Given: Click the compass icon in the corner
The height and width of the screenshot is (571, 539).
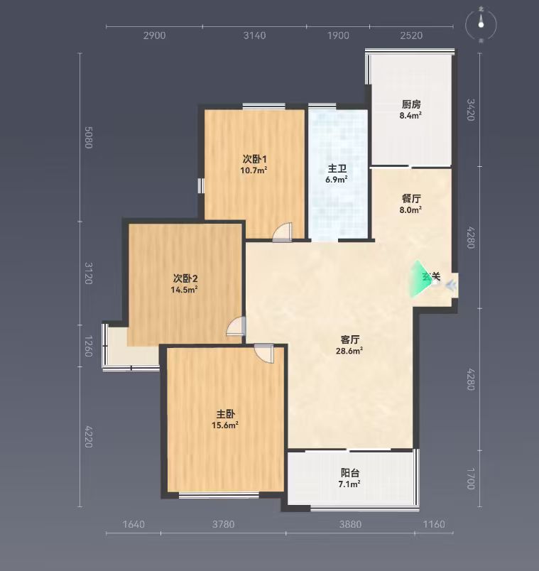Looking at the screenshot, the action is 481,25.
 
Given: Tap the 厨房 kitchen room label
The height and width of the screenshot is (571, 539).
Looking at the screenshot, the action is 411,104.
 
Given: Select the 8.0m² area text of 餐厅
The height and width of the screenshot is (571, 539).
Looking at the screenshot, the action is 410,210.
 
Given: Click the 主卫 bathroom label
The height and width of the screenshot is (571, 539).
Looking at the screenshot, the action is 337,168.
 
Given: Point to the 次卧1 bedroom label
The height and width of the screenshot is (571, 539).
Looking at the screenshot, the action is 254,159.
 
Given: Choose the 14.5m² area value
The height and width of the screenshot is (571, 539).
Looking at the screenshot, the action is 184,290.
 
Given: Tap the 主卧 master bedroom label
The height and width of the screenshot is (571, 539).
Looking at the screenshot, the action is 225,414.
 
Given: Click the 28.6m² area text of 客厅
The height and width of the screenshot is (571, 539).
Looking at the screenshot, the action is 349,351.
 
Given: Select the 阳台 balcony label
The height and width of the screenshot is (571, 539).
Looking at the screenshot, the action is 350,473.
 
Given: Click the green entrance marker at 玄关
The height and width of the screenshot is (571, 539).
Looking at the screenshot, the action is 419,278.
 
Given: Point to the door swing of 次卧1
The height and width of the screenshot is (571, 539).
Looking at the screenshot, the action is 283,232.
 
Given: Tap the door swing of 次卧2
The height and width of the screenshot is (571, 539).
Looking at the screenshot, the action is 236,326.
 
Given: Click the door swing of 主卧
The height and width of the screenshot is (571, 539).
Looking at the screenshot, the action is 263,353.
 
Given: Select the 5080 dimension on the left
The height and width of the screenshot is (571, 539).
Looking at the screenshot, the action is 88,137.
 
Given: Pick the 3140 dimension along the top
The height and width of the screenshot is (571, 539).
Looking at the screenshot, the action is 254,36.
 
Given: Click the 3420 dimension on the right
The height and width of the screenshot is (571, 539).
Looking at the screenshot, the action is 471,109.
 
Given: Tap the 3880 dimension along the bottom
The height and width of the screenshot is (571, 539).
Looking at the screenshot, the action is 350,524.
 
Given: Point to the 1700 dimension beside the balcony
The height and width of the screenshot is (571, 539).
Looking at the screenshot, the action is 471,479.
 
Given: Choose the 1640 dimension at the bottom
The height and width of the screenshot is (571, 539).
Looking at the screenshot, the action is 134,524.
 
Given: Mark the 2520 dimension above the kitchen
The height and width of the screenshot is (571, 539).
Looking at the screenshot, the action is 411,36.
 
